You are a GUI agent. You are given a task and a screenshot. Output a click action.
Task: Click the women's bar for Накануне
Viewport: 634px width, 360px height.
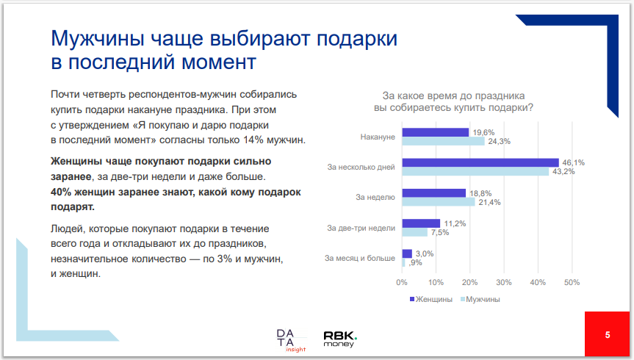(435, 132)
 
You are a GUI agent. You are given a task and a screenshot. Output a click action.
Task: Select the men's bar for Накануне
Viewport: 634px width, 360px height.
(443, 141)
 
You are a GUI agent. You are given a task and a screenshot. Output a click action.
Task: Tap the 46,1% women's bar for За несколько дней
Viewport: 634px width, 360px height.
(480, 162)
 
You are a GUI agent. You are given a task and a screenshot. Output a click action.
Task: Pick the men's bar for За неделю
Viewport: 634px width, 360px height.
(438, 202)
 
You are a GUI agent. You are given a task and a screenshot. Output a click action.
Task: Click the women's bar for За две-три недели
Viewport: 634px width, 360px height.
(421, 223)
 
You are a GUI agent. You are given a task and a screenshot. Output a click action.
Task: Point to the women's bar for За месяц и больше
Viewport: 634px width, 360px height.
(407, 253)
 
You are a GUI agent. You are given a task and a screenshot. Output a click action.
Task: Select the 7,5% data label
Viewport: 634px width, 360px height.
(439, 233)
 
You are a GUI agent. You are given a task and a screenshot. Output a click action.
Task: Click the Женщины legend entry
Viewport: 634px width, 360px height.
(430, 299)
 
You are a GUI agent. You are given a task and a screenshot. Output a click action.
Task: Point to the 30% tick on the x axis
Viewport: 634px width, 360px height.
(504, 281)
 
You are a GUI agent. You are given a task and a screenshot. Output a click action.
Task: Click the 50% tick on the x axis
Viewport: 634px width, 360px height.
(572, 281)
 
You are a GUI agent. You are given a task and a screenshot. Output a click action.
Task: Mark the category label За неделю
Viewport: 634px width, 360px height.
(375, 198)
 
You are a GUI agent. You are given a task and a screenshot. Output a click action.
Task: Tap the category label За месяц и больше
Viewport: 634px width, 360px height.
(360, 258)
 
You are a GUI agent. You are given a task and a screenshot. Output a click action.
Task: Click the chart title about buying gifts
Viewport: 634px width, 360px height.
(453, 101)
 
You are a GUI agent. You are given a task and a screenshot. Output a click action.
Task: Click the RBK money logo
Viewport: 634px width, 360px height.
(340, 338)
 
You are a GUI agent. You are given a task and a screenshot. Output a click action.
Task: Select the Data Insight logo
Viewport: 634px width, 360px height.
(287, 339)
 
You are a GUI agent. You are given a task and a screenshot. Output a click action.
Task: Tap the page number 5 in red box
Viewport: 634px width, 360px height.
(608, 335)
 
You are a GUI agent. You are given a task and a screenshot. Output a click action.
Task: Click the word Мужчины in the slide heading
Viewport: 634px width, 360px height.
(98, 37)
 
